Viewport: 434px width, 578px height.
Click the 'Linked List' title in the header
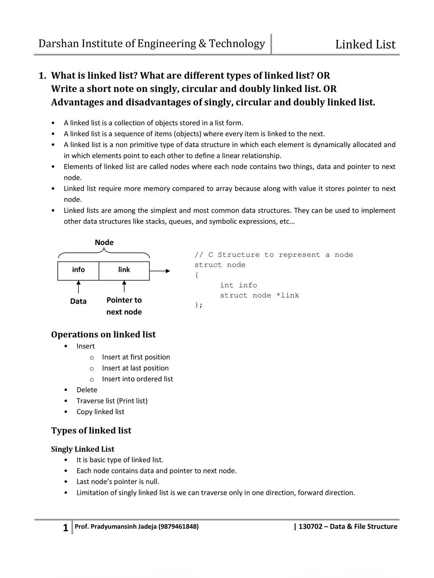[365, 44]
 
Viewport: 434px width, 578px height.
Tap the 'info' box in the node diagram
[78, 270]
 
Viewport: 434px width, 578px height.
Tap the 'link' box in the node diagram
[124, 270]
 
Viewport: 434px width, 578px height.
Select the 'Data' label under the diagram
[78, 301]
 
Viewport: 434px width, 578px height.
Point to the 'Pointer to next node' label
[124, 306]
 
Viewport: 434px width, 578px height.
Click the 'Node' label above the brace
[104, 242]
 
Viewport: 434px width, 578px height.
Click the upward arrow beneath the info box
[78, 288]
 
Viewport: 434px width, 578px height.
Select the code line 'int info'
[238, 285]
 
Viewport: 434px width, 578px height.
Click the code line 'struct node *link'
[259, 296]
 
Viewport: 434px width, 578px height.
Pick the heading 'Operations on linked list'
[103, 335]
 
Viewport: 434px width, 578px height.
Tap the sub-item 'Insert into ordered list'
[137, 379]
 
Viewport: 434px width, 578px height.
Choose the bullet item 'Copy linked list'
[100, 412]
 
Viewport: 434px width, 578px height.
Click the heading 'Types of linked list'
[91, 431]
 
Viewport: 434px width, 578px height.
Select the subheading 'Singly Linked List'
[82, 449]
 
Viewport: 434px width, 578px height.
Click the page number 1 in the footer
[65, 528]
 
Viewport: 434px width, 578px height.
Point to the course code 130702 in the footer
[310, 527]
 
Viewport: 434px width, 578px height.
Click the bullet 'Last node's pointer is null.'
[118, 482]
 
